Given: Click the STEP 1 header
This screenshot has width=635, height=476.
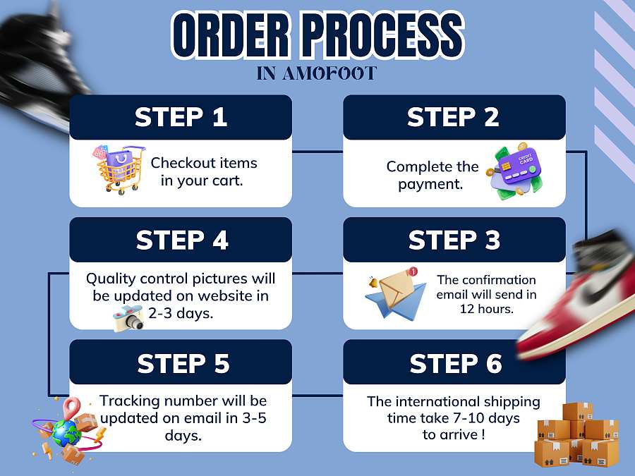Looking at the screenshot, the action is tap(181, 117).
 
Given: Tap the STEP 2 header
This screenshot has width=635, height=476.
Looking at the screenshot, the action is tap(454, 117).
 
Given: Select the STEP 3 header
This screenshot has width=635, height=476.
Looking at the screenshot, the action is tap(454, 240).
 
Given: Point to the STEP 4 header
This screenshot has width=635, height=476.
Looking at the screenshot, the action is tap(181, 240).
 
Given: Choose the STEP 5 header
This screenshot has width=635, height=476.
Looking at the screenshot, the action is tap(181, 362).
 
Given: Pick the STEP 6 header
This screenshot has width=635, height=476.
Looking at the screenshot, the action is tap(454, 362).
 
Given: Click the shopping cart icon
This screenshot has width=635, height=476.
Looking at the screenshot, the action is tap(119, 169).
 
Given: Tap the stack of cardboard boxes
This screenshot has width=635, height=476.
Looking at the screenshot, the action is tap(577, 434).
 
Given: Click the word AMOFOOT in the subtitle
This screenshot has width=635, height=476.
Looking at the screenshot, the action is tap(329, 73).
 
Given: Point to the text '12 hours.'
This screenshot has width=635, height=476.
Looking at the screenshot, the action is tap(486, 309).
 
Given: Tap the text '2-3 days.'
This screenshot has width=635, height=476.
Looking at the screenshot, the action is tap(181, 313).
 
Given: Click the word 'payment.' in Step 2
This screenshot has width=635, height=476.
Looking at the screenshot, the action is tap(430, 184).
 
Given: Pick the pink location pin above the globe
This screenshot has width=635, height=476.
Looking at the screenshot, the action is tap(72, 407).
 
